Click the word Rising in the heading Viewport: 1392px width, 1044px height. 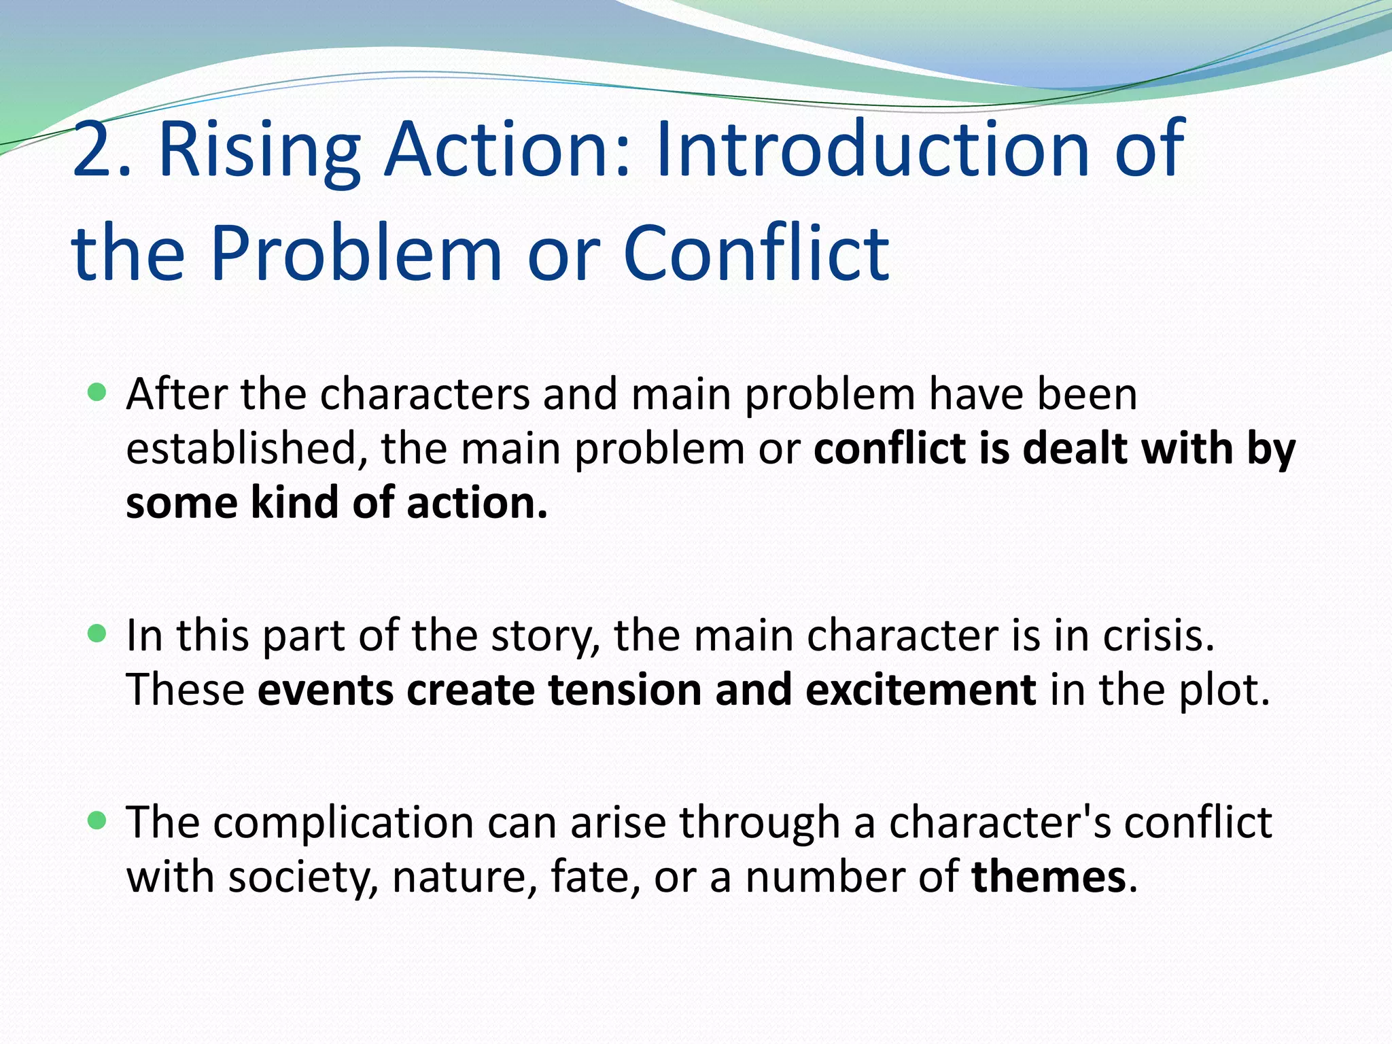pos(259,151)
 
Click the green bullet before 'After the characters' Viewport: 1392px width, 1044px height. pos(98,392)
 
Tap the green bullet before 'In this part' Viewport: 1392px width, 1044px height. pos(98,634)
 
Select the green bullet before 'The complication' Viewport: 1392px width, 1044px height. pos(98,820)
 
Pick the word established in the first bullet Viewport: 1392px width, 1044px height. pos(241,449)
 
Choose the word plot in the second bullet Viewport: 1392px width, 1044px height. pos(1223,691)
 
